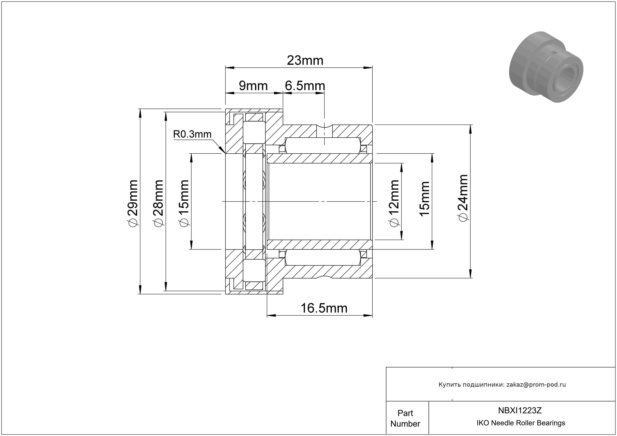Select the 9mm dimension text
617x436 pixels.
coord(253,86)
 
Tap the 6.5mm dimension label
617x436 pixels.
coord(305,86)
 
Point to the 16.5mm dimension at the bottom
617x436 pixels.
coord(324,308)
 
